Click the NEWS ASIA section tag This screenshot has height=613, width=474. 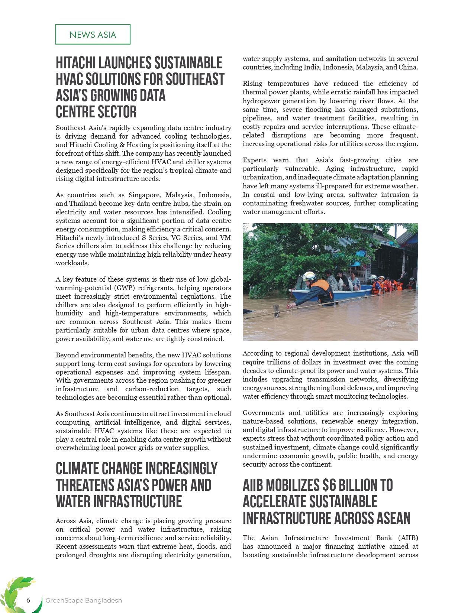click(x=93, y=35)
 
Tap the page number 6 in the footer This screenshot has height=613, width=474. click(x=28, y=600)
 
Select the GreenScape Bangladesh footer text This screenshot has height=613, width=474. click(x=84, y=600)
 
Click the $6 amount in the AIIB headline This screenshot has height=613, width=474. click(x=330, y=486)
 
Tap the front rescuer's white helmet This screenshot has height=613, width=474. click(x=309, y=276)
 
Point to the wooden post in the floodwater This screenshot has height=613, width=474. click(x=276, y=311)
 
